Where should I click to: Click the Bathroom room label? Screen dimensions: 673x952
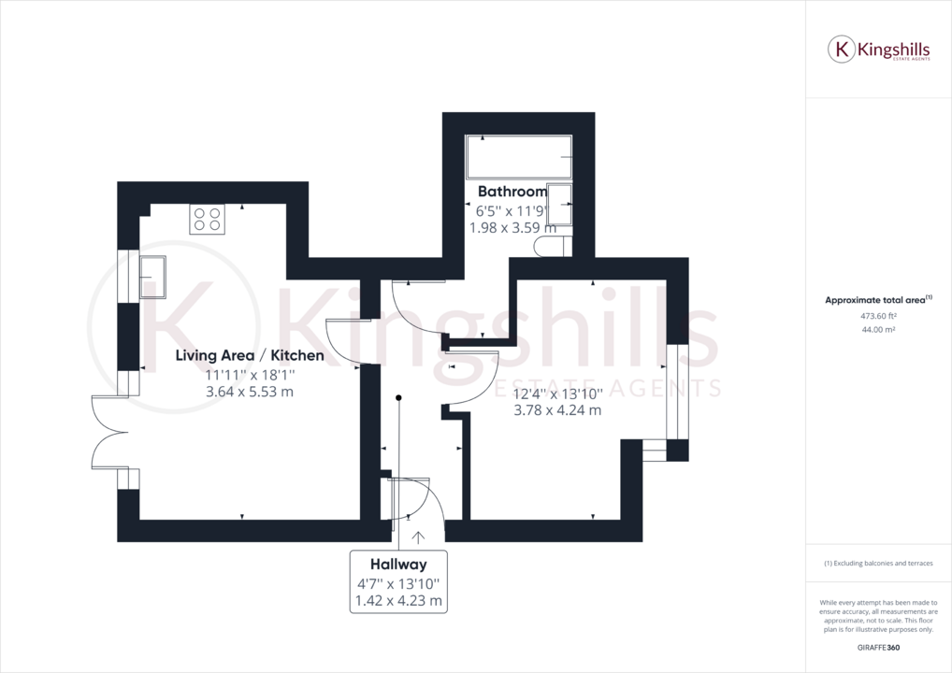[512, 193]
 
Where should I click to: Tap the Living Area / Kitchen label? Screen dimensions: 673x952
[251, 355]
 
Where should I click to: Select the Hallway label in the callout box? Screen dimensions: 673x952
[398, 565]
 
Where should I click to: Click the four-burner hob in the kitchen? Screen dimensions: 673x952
[207, 219]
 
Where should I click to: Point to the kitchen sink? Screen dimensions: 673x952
[152, 276]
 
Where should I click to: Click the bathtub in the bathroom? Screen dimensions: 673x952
[519, 157]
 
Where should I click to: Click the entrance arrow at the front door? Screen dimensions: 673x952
[417, 538]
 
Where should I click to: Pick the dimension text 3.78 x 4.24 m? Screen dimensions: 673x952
[557, 409]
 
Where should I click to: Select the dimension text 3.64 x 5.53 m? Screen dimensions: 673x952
[250, 392]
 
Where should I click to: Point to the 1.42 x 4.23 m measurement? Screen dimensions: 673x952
[398, 601]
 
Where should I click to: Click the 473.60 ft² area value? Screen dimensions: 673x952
[878, 316]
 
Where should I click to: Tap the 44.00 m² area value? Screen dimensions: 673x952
[878, 330]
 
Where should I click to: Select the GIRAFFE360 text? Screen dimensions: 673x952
[878, 648]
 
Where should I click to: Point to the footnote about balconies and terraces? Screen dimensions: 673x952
[878, 564]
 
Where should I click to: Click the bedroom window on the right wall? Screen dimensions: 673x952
[677, 391]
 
